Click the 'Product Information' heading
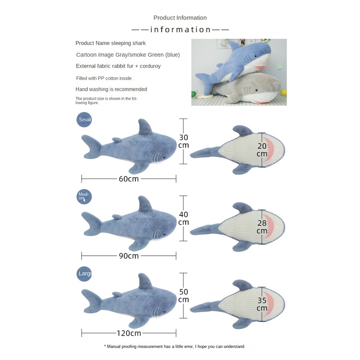[x=180, y=18]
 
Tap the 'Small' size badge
[x=84, y=120]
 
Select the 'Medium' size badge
[x=84, y=196]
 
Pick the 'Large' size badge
[x=84, y=274]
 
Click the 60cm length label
[x=129, y=179]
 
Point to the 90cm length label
[x=129, y=256]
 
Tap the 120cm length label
[x=129, y=333]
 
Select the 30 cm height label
[x=183, y=141]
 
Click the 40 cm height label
[x=183, y=218]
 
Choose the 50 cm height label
[x=183, y=296]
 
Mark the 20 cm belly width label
[x=262, y=150]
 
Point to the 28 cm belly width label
[x=262, y=227]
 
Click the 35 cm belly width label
[x=262, y=304]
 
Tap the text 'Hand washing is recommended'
[x=111, y=89]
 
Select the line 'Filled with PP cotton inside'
[x=104, y=78]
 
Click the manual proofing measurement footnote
[x=174, y=346]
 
